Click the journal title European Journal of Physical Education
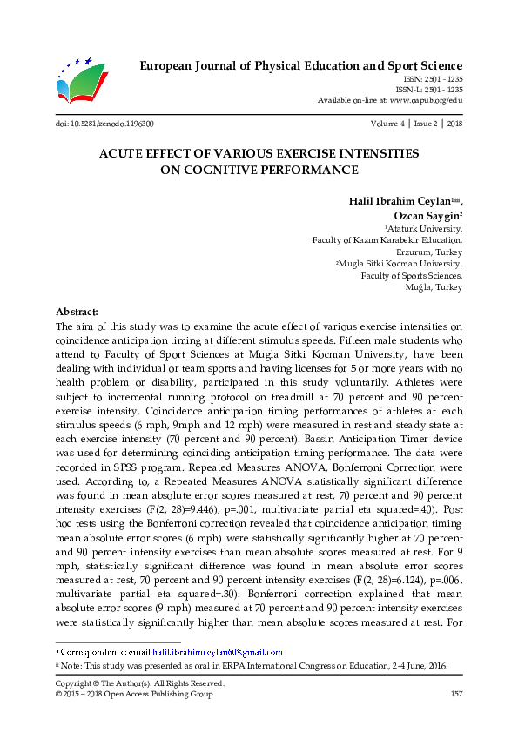[301, 66]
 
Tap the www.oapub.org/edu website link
[426, 100]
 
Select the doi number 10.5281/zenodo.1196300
[104, 124]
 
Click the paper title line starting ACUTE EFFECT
[259, 153]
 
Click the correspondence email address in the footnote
[217, 651]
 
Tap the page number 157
[455, 694]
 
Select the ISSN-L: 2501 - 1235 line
[428, 90]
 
